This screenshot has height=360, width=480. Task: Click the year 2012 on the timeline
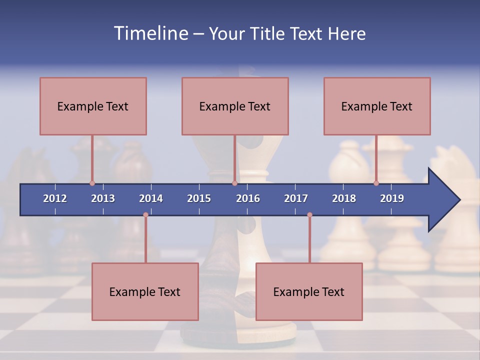55,198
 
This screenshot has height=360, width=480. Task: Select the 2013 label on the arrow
103,198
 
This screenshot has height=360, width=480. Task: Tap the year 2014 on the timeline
151,198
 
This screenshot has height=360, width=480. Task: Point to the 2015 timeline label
199,198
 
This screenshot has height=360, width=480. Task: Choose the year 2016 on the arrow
248,198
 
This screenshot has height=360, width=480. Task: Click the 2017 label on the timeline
296,198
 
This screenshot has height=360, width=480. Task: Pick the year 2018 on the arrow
344,198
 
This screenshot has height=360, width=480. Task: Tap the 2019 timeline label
392,198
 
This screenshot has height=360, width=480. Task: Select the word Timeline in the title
150,33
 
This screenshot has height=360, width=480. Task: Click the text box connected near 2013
93,106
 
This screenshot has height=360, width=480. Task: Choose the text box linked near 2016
235,106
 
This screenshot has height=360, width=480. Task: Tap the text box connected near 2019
377,106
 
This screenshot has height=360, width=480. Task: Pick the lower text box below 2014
145,291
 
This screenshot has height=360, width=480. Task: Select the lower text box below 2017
309,291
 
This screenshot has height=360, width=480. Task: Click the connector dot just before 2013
92,183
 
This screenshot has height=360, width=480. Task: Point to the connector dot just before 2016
234,183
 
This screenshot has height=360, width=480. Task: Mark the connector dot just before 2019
376,183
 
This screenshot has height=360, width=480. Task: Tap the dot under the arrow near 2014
145,215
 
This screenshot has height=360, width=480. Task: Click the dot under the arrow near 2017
309,215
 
